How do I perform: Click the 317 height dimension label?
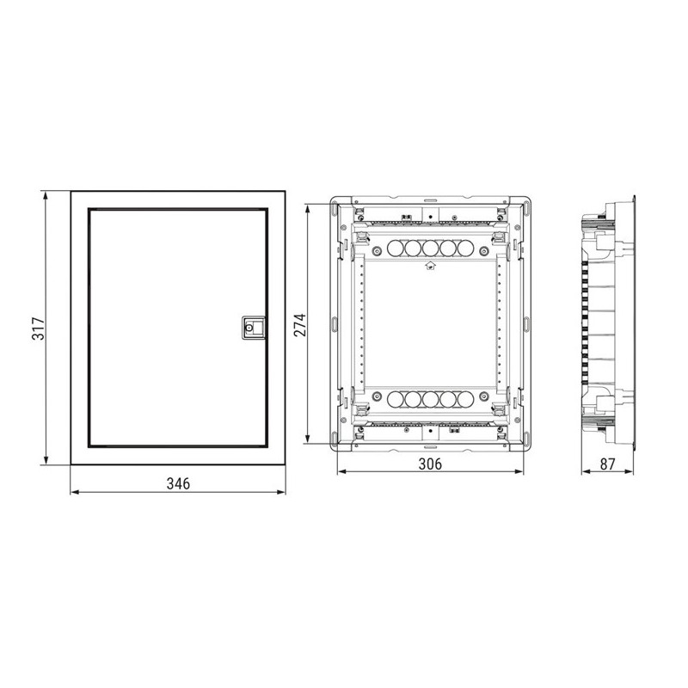click(39, 329)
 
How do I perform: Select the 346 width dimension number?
click(178, 483)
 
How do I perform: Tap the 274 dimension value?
click(300, 325)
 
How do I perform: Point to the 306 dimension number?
click(430, 464)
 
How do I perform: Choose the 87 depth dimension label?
click(608, 464)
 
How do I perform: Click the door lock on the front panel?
click(253, 328)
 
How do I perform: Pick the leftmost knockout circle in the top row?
click(396, 249)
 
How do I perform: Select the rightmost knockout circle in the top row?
click(465, 249)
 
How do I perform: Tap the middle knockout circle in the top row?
click(431, 249)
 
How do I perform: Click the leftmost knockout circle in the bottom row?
click(396, 399)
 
